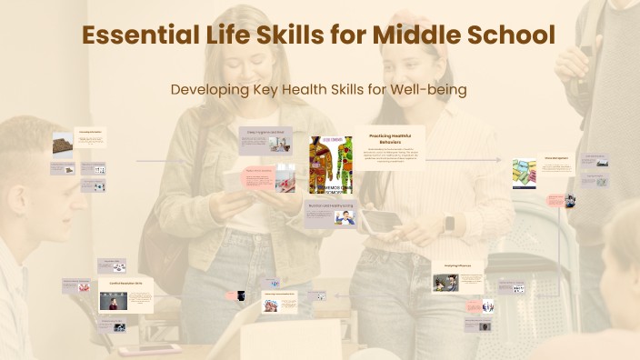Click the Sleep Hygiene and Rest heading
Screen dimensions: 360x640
point(262,132)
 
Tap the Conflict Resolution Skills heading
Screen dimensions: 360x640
point(126,284)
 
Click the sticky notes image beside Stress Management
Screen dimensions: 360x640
point(525,173)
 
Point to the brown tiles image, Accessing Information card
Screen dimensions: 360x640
point(63,144)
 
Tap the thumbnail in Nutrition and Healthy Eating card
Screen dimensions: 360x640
point(345,219)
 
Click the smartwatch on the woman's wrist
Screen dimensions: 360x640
point(448,225)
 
